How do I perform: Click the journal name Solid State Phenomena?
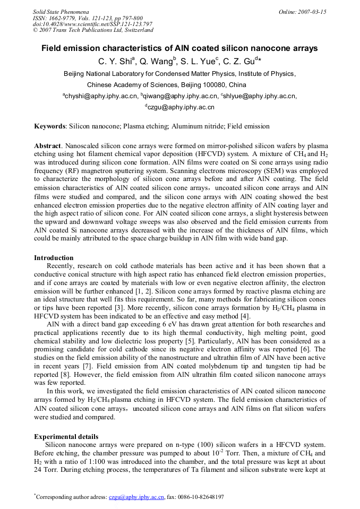(x=61, y=11)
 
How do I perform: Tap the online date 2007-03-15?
(x=311, y=11)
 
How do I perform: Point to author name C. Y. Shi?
(x=115, y=62)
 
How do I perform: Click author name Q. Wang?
(x=156, y=62)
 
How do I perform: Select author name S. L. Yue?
(x=199, y=62)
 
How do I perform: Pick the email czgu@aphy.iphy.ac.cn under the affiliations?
(x=181, y=107)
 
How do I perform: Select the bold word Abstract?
(x=47, y=145)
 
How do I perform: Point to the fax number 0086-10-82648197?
(x=201, y=497)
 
